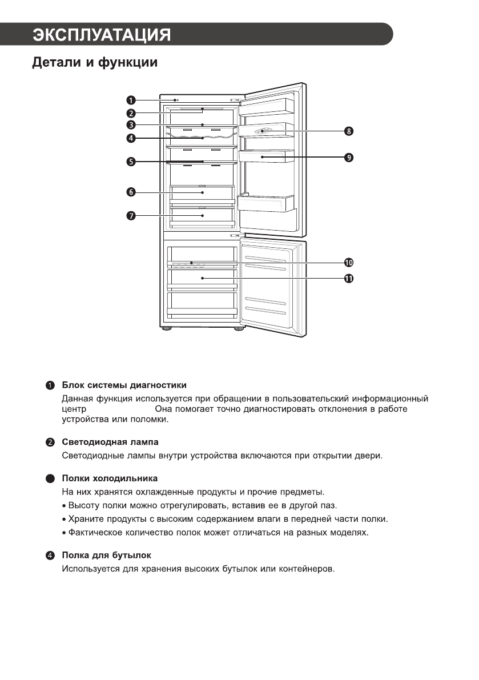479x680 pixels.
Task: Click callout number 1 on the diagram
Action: point(131,100)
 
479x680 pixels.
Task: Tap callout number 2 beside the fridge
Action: point(131,112)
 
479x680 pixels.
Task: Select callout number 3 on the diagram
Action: point(131,125)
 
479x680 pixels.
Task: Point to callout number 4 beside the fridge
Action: point(131,138)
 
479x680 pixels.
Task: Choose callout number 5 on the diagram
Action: point(131,162)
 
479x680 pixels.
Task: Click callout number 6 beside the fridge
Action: point(131,192)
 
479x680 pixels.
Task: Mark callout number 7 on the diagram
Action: point(131,215)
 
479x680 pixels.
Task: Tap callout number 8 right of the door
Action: point(349,131)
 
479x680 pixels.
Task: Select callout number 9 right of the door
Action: point(349,156)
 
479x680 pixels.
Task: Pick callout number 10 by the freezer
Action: point(349,263)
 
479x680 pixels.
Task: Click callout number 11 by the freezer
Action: point(349,278)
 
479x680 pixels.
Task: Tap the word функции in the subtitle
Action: point(128,62)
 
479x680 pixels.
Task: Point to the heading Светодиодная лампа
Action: point(110,442)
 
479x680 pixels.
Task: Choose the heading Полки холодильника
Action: point(110,478)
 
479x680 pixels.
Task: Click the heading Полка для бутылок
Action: point(106,555)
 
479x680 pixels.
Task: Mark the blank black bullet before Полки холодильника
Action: point(51,478)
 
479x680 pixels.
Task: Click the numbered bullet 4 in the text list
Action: point(51,556)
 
